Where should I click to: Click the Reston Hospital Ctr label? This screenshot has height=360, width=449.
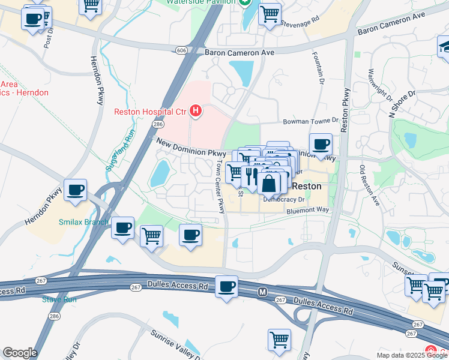point(150,111)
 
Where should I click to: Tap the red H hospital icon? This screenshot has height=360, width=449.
point(195,110)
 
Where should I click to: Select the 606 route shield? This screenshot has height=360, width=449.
point(181,51)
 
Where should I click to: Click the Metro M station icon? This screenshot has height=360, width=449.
point(262,292)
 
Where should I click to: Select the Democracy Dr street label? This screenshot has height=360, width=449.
point(283,199)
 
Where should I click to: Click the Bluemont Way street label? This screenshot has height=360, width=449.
point(308,210)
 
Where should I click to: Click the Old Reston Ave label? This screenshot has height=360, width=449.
point(370,185)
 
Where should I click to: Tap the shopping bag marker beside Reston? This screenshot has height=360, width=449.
point(269,182)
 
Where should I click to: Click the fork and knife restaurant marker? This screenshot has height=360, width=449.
point(252,176)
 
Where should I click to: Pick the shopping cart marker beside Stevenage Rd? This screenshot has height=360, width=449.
point(270,13)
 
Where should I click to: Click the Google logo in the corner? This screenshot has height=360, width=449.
point(20,353)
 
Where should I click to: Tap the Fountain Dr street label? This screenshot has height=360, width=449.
point(318,67)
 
